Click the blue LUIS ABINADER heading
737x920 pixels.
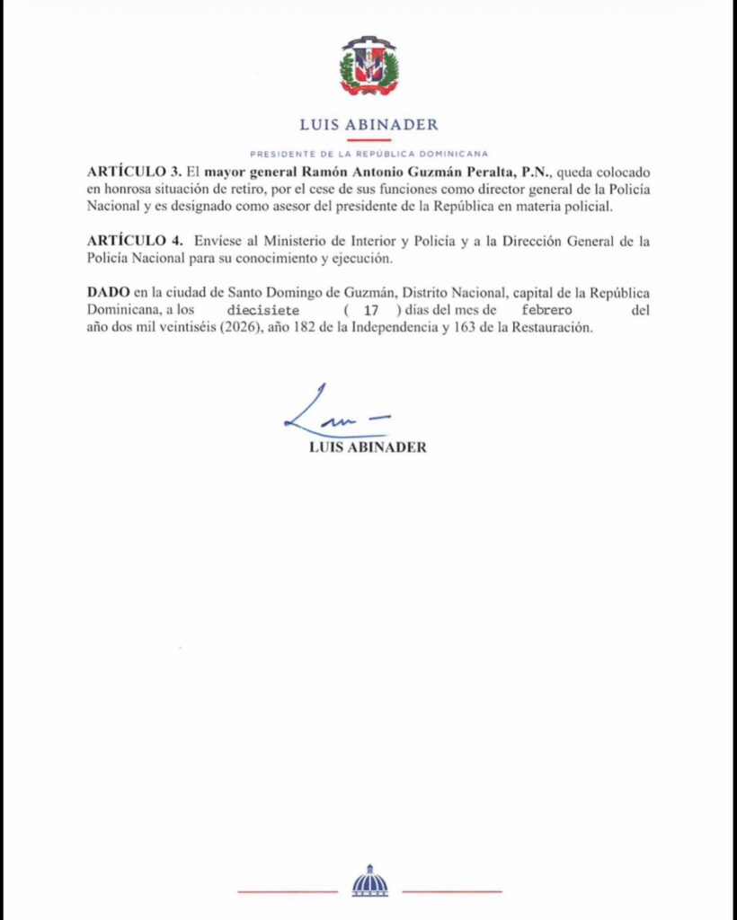pyautogui.click(x=368, y=125)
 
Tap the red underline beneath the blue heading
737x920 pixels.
pyautogui.click(x=368, y=140)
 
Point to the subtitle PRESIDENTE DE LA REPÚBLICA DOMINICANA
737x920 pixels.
pyautogui.click(x=368, y=154)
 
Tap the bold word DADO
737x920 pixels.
pyautogui.click(x=107, y=294)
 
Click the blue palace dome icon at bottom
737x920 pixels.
pyautogui.click(x=369, y=881)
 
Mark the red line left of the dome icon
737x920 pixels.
pyautogui.click(x=287, y=892)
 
